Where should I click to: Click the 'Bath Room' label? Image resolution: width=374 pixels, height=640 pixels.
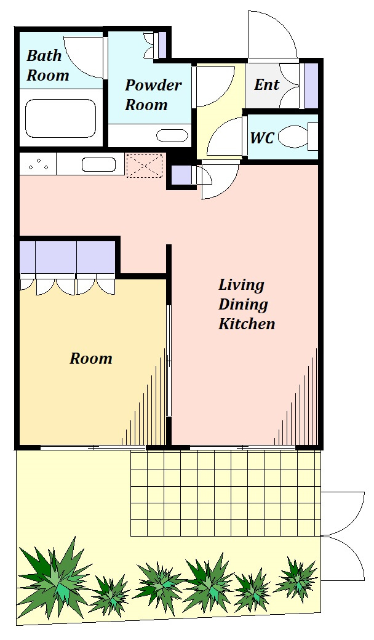(x=48, y=65)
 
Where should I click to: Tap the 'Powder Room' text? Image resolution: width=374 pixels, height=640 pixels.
(x=153, y=95)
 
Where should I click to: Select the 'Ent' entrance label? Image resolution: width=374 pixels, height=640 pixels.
(x=267, y=84)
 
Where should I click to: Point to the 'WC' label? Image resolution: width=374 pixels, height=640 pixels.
(x=262, y=138)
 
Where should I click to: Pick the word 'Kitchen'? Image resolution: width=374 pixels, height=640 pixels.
(x=246, y=324)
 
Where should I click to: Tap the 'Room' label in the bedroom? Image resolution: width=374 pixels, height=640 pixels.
(x=90, y=358)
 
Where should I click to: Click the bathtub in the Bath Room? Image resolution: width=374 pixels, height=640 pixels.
(x=60, y=119)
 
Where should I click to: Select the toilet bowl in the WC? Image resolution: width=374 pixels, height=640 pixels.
(x=293, y=137)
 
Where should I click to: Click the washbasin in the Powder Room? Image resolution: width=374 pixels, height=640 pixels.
(x=172, y=135)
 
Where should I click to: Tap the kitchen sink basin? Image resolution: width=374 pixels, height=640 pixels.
(x=98, y=164)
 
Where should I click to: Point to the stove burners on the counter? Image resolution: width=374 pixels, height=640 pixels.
(x=38, y=164)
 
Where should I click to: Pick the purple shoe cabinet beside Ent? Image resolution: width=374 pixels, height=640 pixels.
(x=311, y=86)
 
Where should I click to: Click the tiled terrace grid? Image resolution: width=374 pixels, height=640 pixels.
(x=226, y=494)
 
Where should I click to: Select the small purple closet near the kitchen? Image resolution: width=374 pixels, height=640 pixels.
(x=181, y=175)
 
